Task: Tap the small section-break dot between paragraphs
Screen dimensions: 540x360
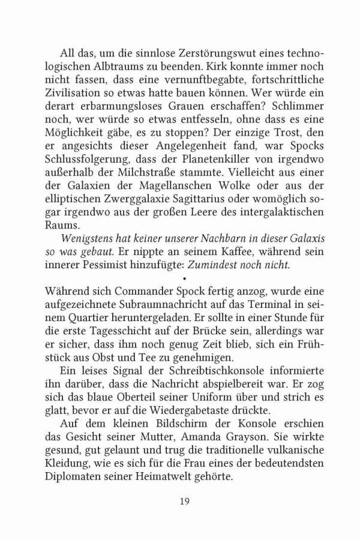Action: click(184, 279)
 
